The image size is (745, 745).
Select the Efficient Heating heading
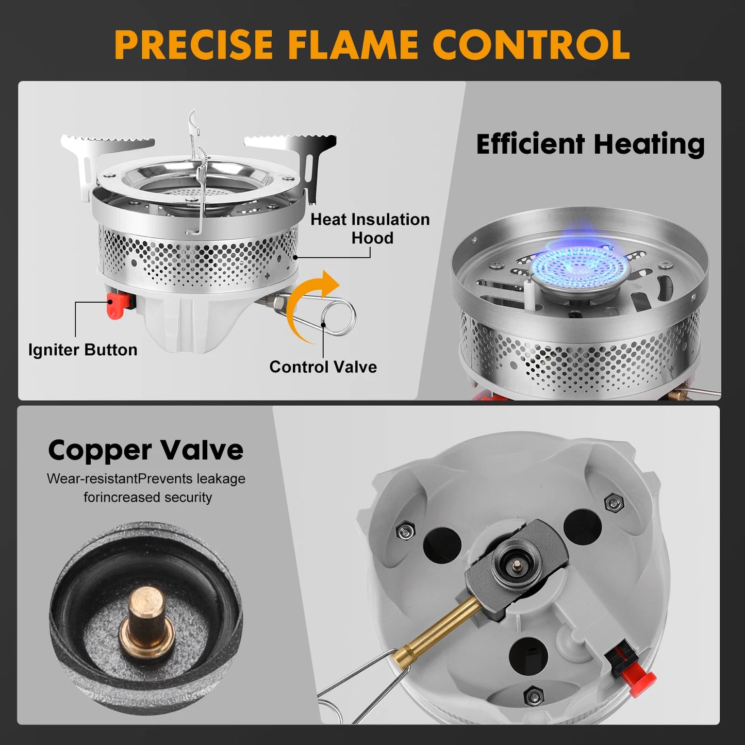click(x=590, y=144)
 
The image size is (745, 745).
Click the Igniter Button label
click(x=82, y=350)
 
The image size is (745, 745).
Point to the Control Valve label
click(x=323, y=367)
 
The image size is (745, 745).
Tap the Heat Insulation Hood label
click(x=370, y=228)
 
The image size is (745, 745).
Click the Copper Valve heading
click(x=146, y=451)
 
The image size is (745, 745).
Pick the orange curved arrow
click(x=309, y=305)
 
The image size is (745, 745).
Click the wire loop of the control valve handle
click(x=339, y=318)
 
